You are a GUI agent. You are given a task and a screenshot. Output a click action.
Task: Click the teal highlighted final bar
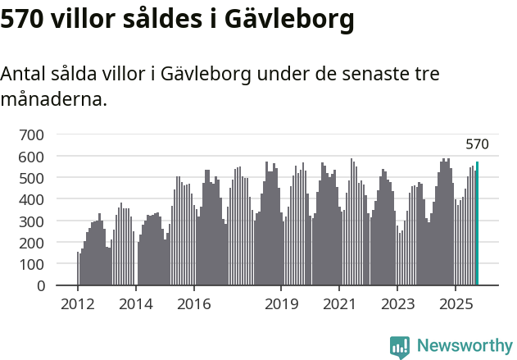click(x=478, y=224)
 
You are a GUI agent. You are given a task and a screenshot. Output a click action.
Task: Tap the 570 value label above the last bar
click(x=477, y=144)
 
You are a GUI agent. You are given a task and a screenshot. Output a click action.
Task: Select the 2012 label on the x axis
click(x=78, y=305)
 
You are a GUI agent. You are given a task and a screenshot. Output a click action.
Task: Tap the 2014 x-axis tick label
click(x=136, y=305)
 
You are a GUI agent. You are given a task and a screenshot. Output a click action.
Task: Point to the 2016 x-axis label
click(x=194, y=305)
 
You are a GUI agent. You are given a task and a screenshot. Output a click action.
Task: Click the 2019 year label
click(x=281, y=305)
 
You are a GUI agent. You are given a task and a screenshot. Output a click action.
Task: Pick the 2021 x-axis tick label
click(x=339, y=305)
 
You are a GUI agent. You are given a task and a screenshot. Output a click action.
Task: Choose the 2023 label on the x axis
click(x=397, y=305)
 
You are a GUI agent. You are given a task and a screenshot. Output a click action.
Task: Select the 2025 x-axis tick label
click(x=456, y=305)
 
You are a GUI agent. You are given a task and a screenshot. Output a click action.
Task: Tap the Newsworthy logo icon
click(x=400, y=346)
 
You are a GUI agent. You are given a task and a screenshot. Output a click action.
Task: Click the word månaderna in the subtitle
click(x=53, y=100)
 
